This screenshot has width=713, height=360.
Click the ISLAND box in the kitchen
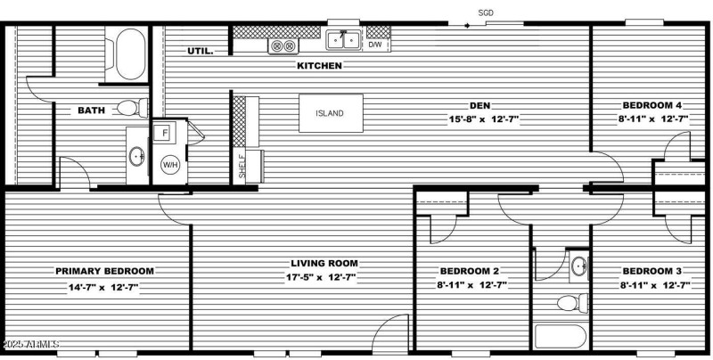click(x=330, y=113)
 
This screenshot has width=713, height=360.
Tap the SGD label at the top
click(x=486, y=12)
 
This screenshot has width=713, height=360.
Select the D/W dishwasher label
click(x=378, y=44)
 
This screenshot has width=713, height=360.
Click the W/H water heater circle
click(x=169, y=165)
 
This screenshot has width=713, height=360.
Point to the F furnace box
click(x=166, y=134)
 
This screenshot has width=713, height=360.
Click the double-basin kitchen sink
click(x=343, y=40)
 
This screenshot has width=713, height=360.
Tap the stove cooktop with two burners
click(x=283, y=45)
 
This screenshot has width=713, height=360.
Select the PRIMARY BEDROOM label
click(x=104, y=271)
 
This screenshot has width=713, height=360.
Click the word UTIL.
click(x=200, y=52)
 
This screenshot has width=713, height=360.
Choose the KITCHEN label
click(x=319, y=66)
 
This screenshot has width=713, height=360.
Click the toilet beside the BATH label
click(x=131, y=109)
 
